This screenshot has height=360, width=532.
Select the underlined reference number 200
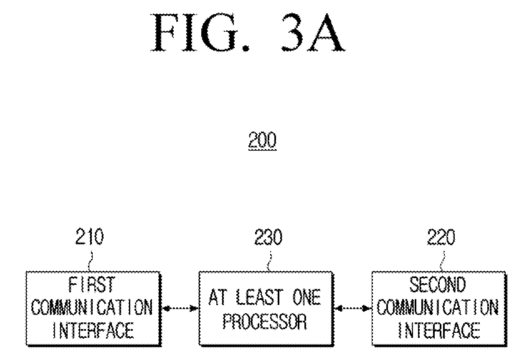[262, 140]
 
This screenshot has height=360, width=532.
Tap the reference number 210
[90, 236]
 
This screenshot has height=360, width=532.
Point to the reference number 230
[269, 237]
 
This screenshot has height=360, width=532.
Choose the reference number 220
[441, 237]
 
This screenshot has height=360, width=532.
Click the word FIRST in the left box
[92, 284]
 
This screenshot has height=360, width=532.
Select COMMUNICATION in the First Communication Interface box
[92, 307]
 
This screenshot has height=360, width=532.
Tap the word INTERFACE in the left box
[94, 330]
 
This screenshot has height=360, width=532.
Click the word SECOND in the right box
[438, 284]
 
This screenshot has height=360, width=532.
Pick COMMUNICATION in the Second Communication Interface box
[438, 307]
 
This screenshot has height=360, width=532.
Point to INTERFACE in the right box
[439, 330]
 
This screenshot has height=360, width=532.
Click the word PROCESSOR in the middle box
[265, 321]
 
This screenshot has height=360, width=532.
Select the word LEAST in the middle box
[260, 297]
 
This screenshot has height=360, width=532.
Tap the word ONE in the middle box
[307, 297]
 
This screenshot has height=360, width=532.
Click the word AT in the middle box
[218, 297]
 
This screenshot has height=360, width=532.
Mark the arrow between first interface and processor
[180, 309]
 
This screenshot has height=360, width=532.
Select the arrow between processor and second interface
[353, 309]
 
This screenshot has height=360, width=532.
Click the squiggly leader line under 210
[90, 261]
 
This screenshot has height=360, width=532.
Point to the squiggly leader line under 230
[269, 261]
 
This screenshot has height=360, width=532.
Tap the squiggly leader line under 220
[442, 261]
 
